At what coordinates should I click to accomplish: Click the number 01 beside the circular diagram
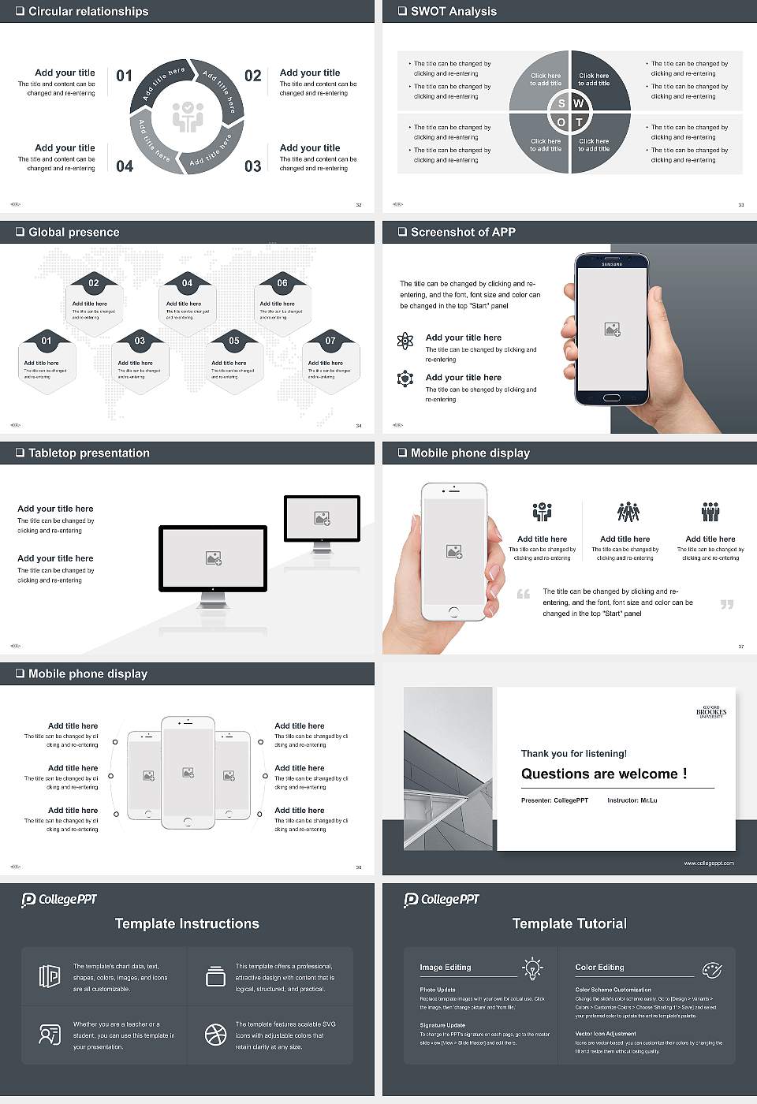(125, 76)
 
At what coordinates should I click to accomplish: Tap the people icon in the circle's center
(188, 116)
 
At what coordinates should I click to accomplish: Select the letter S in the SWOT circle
(561, 103)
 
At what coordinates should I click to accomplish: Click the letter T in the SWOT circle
(579, 122)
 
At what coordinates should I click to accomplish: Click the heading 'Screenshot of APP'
(463, 232)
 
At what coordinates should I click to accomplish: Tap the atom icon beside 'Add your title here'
(405, 341)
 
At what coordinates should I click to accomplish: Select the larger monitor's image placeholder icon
(213, 558)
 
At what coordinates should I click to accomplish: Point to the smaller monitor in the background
(322, 520)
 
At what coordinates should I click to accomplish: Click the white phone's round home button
(453, 612)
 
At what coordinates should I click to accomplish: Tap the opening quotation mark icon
(524, 594)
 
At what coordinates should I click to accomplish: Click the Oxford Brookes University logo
(710, 712)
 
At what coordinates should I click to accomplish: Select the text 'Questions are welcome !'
(604, 774)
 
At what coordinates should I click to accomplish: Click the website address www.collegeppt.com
(708, 863)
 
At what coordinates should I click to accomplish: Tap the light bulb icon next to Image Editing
(532, 968)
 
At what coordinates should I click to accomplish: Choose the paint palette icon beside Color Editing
(711, 969)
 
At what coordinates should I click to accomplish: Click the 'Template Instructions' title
(187, 923)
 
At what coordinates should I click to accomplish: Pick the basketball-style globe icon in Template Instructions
(215, 1035)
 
